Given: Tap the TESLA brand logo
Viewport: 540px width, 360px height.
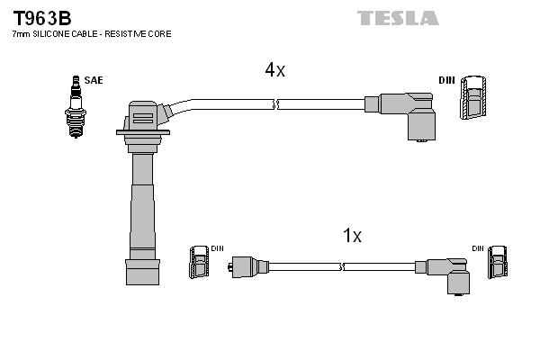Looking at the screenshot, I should click(398, 18).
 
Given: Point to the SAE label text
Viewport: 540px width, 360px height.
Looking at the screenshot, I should click(94, 80).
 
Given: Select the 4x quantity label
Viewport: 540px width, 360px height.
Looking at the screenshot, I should click(274, 70).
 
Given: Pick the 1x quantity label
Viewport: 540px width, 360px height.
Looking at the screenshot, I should click(352, 236).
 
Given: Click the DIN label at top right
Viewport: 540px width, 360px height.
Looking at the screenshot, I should click(446, 80).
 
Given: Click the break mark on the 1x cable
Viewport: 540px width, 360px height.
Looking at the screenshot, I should click(343, 266).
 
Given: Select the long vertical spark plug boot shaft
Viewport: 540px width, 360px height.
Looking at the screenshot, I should click(141, 198).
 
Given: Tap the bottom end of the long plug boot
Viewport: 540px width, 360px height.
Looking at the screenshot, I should click(141, 275).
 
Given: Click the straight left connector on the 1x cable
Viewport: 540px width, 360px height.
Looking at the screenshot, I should click(244, 266).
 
